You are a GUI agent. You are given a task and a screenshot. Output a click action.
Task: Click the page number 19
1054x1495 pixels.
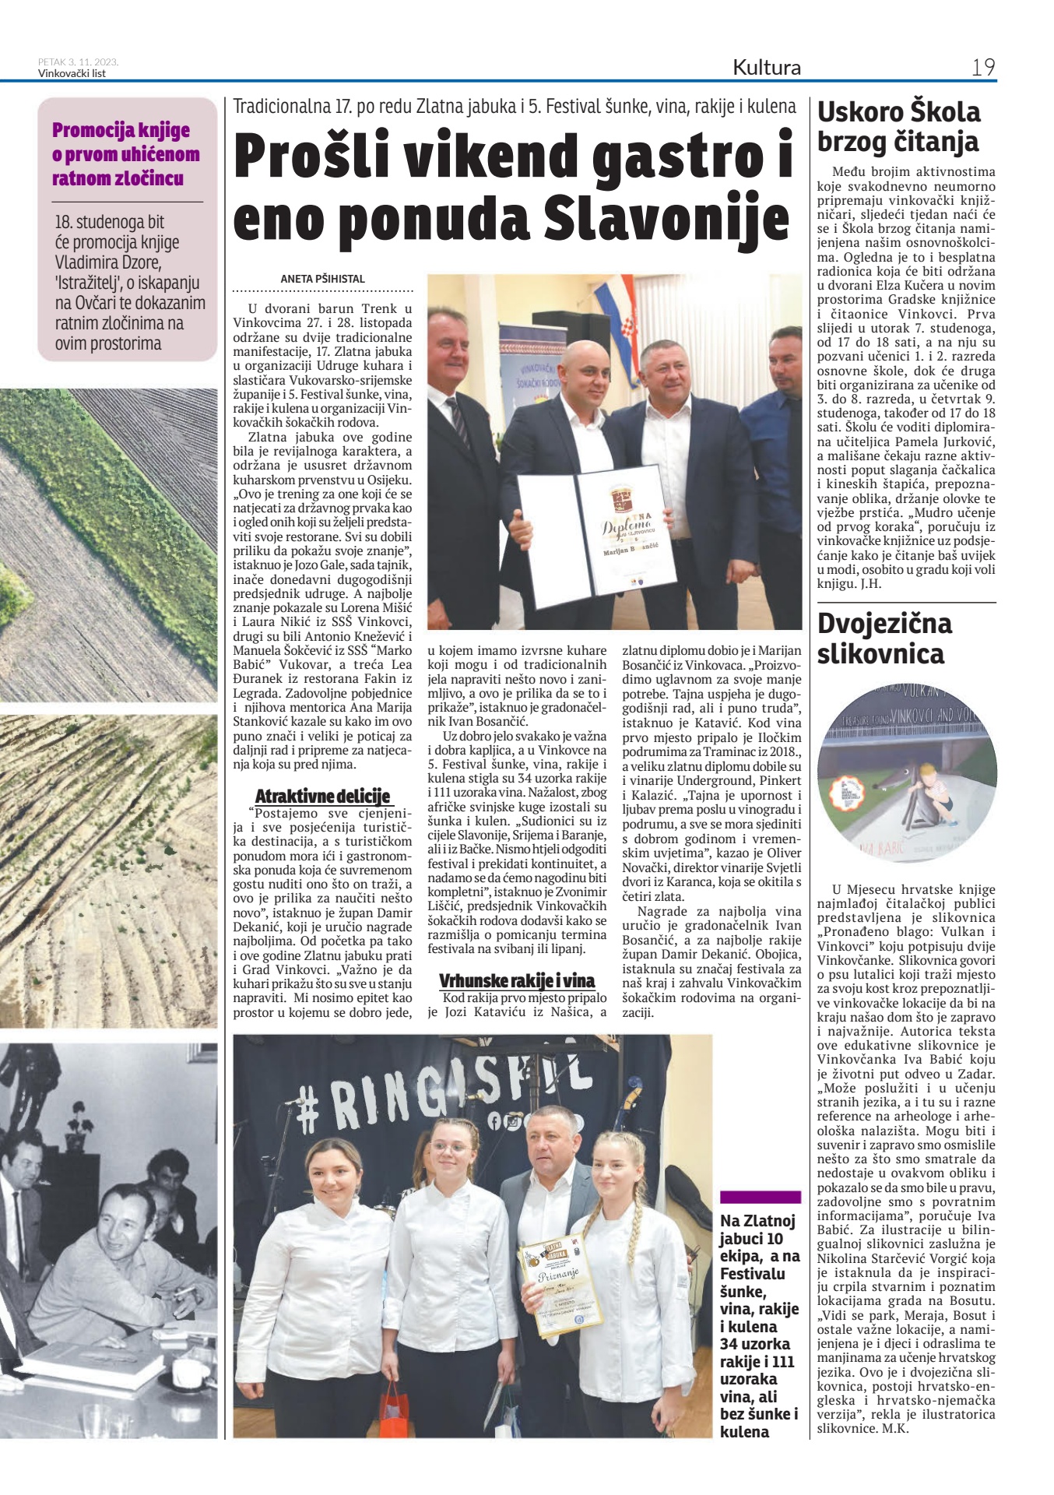point(983,68)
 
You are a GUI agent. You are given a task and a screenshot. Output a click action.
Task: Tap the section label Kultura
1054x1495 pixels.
point(766,68)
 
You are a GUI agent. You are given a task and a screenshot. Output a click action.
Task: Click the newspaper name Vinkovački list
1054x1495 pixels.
point(72,74)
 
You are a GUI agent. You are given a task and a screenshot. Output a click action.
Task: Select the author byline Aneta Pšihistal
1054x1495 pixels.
point(322,279)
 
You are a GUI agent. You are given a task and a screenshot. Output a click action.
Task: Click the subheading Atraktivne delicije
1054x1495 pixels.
point(322,797)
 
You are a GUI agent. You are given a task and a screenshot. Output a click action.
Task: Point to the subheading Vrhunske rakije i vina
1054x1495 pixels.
point(516,981)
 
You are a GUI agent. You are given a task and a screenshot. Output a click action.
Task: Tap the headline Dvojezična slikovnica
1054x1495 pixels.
point(884,638)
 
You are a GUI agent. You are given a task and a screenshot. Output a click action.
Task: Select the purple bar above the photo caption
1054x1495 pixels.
point(760,1197)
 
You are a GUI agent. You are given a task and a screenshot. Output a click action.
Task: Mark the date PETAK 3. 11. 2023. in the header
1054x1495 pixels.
point(78,62)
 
